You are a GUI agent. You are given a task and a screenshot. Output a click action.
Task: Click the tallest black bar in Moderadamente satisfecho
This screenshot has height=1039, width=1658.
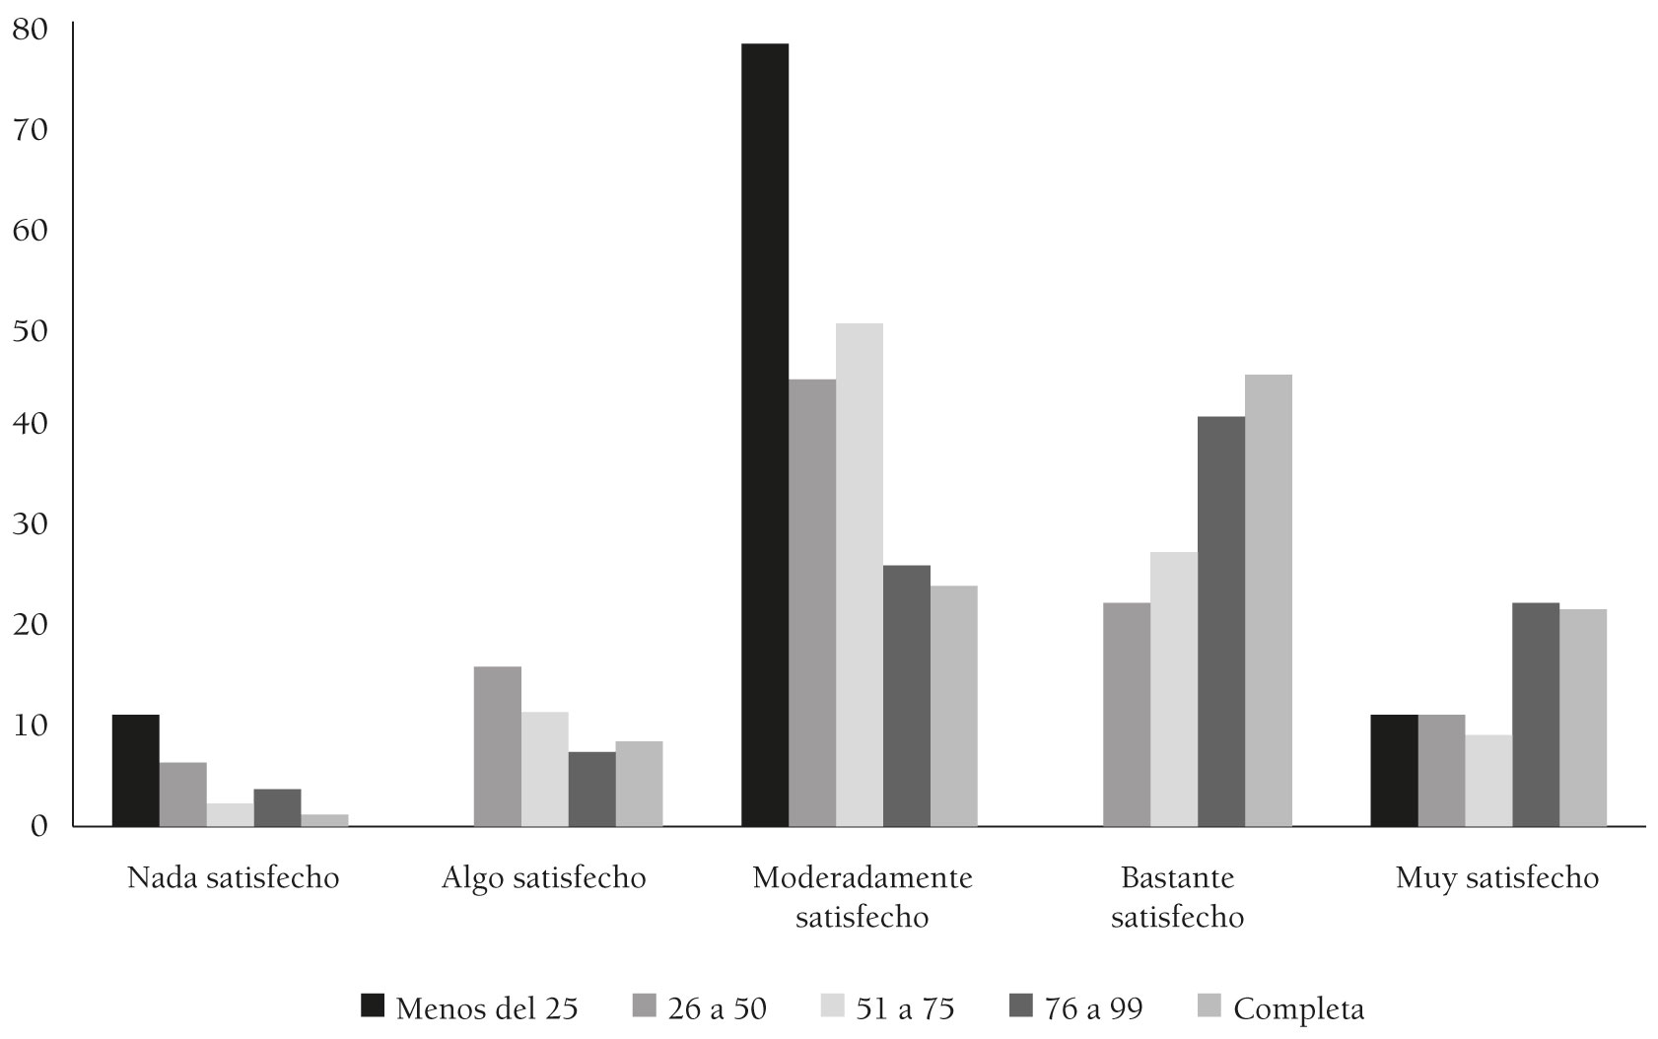coord(765,435)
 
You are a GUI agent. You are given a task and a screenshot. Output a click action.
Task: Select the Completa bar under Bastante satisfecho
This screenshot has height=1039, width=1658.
coord(1268,600)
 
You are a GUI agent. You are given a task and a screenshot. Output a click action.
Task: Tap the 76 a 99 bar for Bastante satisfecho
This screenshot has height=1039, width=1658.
coord(1220,621)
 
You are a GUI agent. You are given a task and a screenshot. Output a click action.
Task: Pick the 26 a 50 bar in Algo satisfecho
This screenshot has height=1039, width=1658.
coord(498,746)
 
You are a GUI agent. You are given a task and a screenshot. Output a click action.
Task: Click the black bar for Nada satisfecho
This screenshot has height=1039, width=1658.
coord(136,770)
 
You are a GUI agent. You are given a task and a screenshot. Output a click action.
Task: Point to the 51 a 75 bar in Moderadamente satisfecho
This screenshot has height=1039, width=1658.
coord(860,575)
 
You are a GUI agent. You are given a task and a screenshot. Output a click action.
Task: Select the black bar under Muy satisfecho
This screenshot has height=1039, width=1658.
coord(1394,770)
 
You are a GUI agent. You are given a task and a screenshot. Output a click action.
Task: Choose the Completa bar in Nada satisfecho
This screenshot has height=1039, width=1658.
coord(324,820)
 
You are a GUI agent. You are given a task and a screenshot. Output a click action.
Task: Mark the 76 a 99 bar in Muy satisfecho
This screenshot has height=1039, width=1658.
coord(1536,715)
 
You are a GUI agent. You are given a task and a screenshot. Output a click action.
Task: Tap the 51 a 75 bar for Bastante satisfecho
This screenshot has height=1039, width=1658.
coord(1173,689)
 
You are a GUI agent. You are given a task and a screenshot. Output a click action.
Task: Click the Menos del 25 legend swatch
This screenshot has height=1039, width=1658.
coord(373,1006)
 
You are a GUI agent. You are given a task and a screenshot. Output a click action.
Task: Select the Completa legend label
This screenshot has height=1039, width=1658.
coord(1298,1009)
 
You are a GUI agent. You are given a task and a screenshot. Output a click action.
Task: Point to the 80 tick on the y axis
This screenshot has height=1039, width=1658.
coord(30,30)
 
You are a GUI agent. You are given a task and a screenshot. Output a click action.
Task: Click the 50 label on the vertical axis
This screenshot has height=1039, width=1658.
coord(30,330)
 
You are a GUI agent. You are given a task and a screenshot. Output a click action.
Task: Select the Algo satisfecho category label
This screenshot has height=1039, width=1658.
coord(544,877)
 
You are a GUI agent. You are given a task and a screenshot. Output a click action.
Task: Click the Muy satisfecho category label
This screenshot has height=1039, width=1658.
coord(1496,877)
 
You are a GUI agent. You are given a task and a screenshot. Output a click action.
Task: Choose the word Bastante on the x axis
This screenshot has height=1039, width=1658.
coord(1177,876)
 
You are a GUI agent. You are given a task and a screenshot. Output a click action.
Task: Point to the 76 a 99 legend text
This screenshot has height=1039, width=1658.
coord(1093,1009)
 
